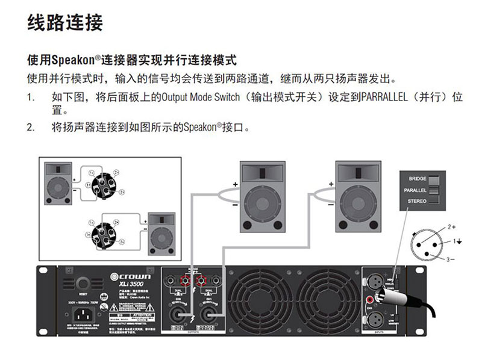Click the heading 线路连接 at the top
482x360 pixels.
pos(66,22)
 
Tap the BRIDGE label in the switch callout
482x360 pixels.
pos(418,179)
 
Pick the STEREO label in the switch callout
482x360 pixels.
pos(417,201)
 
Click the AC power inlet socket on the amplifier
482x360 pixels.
pos(83,315)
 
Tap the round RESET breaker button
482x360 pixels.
pos(83,283)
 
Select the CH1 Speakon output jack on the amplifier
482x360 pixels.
pos(208,313)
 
